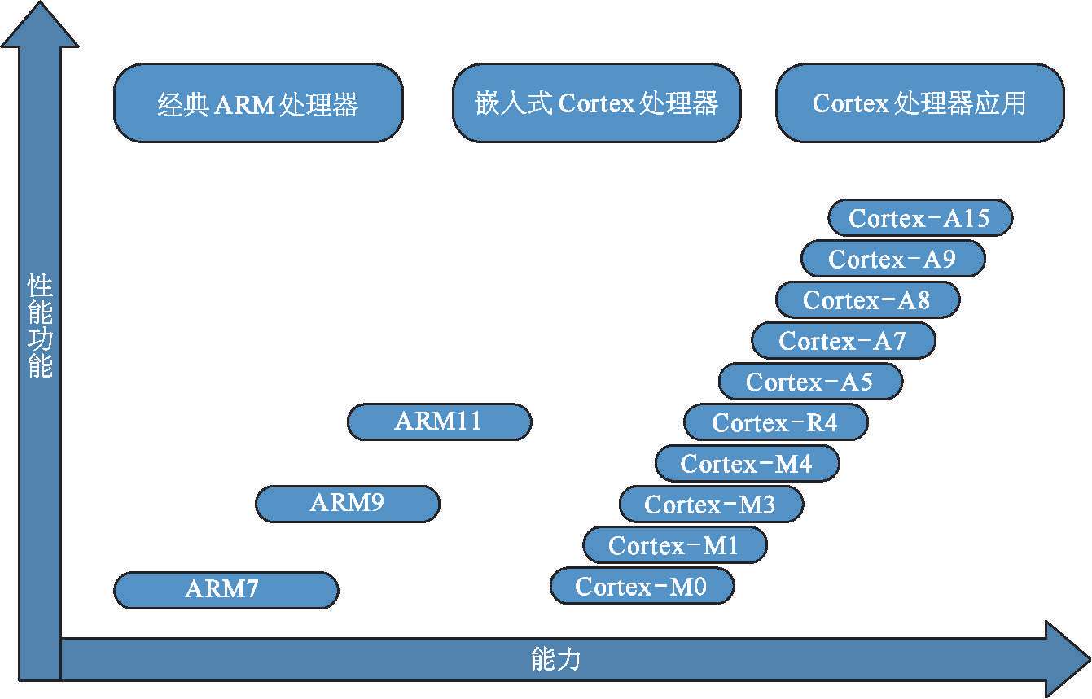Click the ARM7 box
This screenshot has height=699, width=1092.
click(x=226, y=590)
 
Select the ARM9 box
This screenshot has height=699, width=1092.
click(x=348, y=504)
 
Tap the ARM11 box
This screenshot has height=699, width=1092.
click(x=439, y=422)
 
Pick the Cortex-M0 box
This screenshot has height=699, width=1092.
click(x=642, y=586)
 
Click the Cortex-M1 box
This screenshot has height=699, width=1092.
click(x=674, y=545)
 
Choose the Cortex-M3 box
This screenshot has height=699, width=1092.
click(x=711, y=505)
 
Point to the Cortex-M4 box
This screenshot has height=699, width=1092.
click(x=747, y=464)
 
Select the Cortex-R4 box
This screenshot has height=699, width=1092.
click(x=775, y=423)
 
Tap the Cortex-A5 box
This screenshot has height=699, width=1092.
click(x=810, y=382)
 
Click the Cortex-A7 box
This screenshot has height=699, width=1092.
click(x=843, y=340)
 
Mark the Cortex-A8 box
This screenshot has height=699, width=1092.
click(x=867, y=300)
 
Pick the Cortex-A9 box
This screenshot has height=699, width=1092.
click(x=892, y=260)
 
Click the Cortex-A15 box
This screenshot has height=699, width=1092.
click(x=919, y=218)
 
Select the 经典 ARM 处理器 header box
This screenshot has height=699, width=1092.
click(x=258, y=103)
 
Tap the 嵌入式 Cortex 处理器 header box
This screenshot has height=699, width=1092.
click(x=596, y=103)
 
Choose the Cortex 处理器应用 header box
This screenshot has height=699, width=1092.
click(x=919, y=103)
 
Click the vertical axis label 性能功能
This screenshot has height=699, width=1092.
click(x=40, y=325)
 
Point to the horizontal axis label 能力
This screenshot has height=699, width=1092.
click(x=555, y=659)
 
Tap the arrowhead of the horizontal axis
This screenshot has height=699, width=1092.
click(x=1067, y=658)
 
